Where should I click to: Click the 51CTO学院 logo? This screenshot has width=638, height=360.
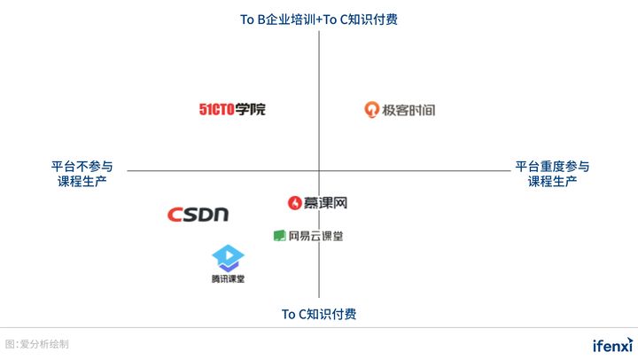pos(232,109)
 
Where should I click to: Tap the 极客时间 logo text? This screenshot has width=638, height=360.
pos(408,110)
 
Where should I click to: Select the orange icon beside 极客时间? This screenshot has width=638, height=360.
pos(371,110)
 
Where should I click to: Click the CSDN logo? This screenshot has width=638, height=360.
pos(198,215)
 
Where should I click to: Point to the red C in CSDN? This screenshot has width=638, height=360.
pos(175,215)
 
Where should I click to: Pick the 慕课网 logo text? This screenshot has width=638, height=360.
pos(324,203)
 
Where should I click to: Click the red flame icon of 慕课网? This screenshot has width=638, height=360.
pos(294,203)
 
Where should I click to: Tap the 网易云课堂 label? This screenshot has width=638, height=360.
pos(315,236)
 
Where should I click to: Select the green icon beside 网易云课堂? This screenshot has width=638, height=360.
pos(279,235)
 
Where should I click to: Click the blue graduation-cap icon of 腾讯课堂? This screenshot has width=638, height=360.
pos(228,258)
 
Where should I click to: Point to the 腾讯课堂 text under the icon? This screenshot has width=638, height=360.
pos(228,279)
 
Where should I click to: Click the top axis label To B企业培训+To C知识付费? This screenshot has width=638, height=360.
pos(319,20)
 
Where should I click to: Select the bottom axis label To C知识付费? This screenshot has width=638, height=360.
pos(319,314)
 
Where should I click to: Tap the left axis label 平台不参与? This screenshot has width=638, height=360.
pos(82,166)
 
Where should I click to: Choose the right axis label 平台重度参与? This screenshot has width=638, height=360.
pos(552,166)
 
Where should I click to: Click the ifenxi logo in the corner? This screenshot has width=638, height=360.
pos(613,345)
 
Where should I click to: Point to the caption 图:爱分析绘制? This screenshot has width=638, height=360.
pos(37,344)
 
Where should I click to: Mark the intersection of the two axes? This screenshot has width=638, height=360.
pos(319,170)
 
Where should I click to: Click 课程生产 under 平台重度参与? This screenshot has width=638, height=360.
pos(552,181)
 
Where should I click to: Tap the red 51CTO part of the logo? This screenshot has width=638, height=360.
pos(216,109)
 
